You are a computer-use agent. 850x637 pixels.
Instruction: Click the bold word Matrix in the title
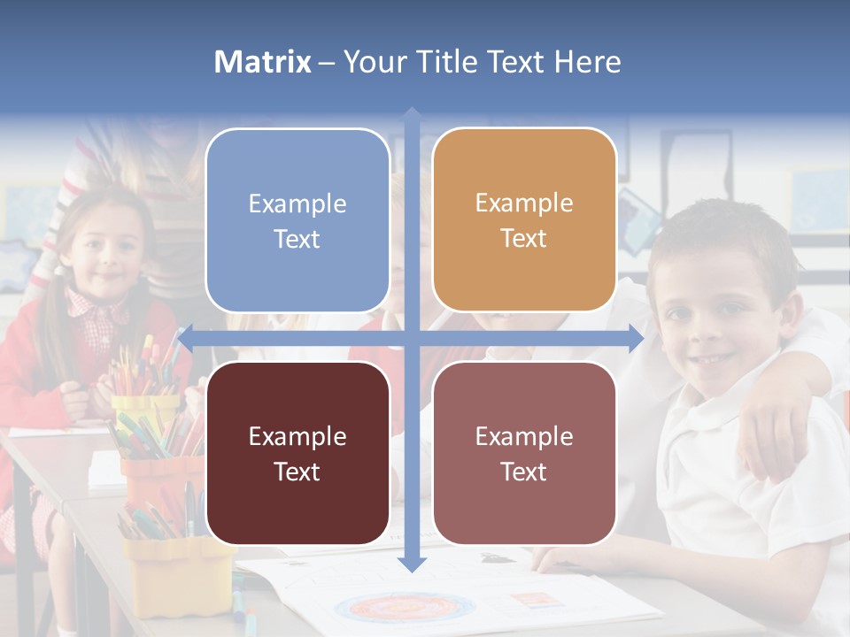[263, 62]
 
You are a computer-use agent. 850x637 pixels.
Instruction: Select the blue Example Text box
[297, 220]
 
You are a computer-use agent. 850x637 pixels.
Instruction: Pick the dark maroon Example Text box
[297, 453]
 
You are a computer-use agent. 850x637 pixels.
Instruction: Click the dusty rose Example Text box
[524, 453]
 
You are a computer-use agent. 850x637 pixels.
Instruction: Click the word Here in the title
[587, 62]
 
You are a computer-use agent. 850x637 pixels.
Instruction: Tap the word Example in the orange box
[524, 203]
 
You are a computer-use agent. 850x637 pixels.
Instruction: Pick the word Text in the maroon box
[297, 472]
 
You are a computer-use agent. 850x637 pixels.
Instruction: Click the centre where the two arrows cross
[412, 337]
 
